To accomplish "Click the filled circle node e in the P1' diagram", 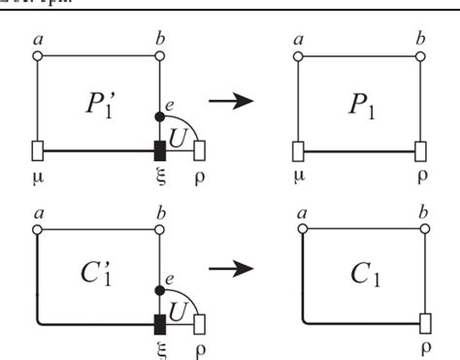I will click(160, 116).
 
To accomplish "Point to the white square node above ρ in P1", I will click(422, 150).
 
